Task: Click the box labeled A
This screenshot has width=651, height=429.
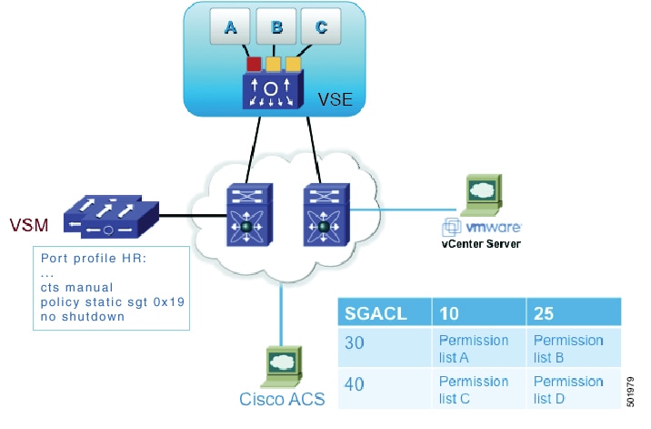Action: [x=230, y=28]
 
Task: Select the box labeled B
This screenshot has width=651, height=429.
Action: [x=276, y=28]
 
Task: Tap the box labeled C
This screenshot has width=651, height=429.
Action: [x=321, y=28]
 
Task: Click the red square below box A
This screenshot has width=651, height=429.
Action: [x=255, y=64]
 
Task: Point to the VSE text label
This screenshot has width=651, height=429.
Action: [x=335, y=97]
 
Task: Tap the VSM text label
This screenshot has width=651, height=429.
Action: [x=29, y=224]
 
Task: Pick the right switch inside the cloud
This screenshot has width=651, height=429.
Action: [x=320, y=213]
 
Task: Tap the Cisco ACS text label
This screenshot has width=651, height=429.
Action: [x=280, y=399]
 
